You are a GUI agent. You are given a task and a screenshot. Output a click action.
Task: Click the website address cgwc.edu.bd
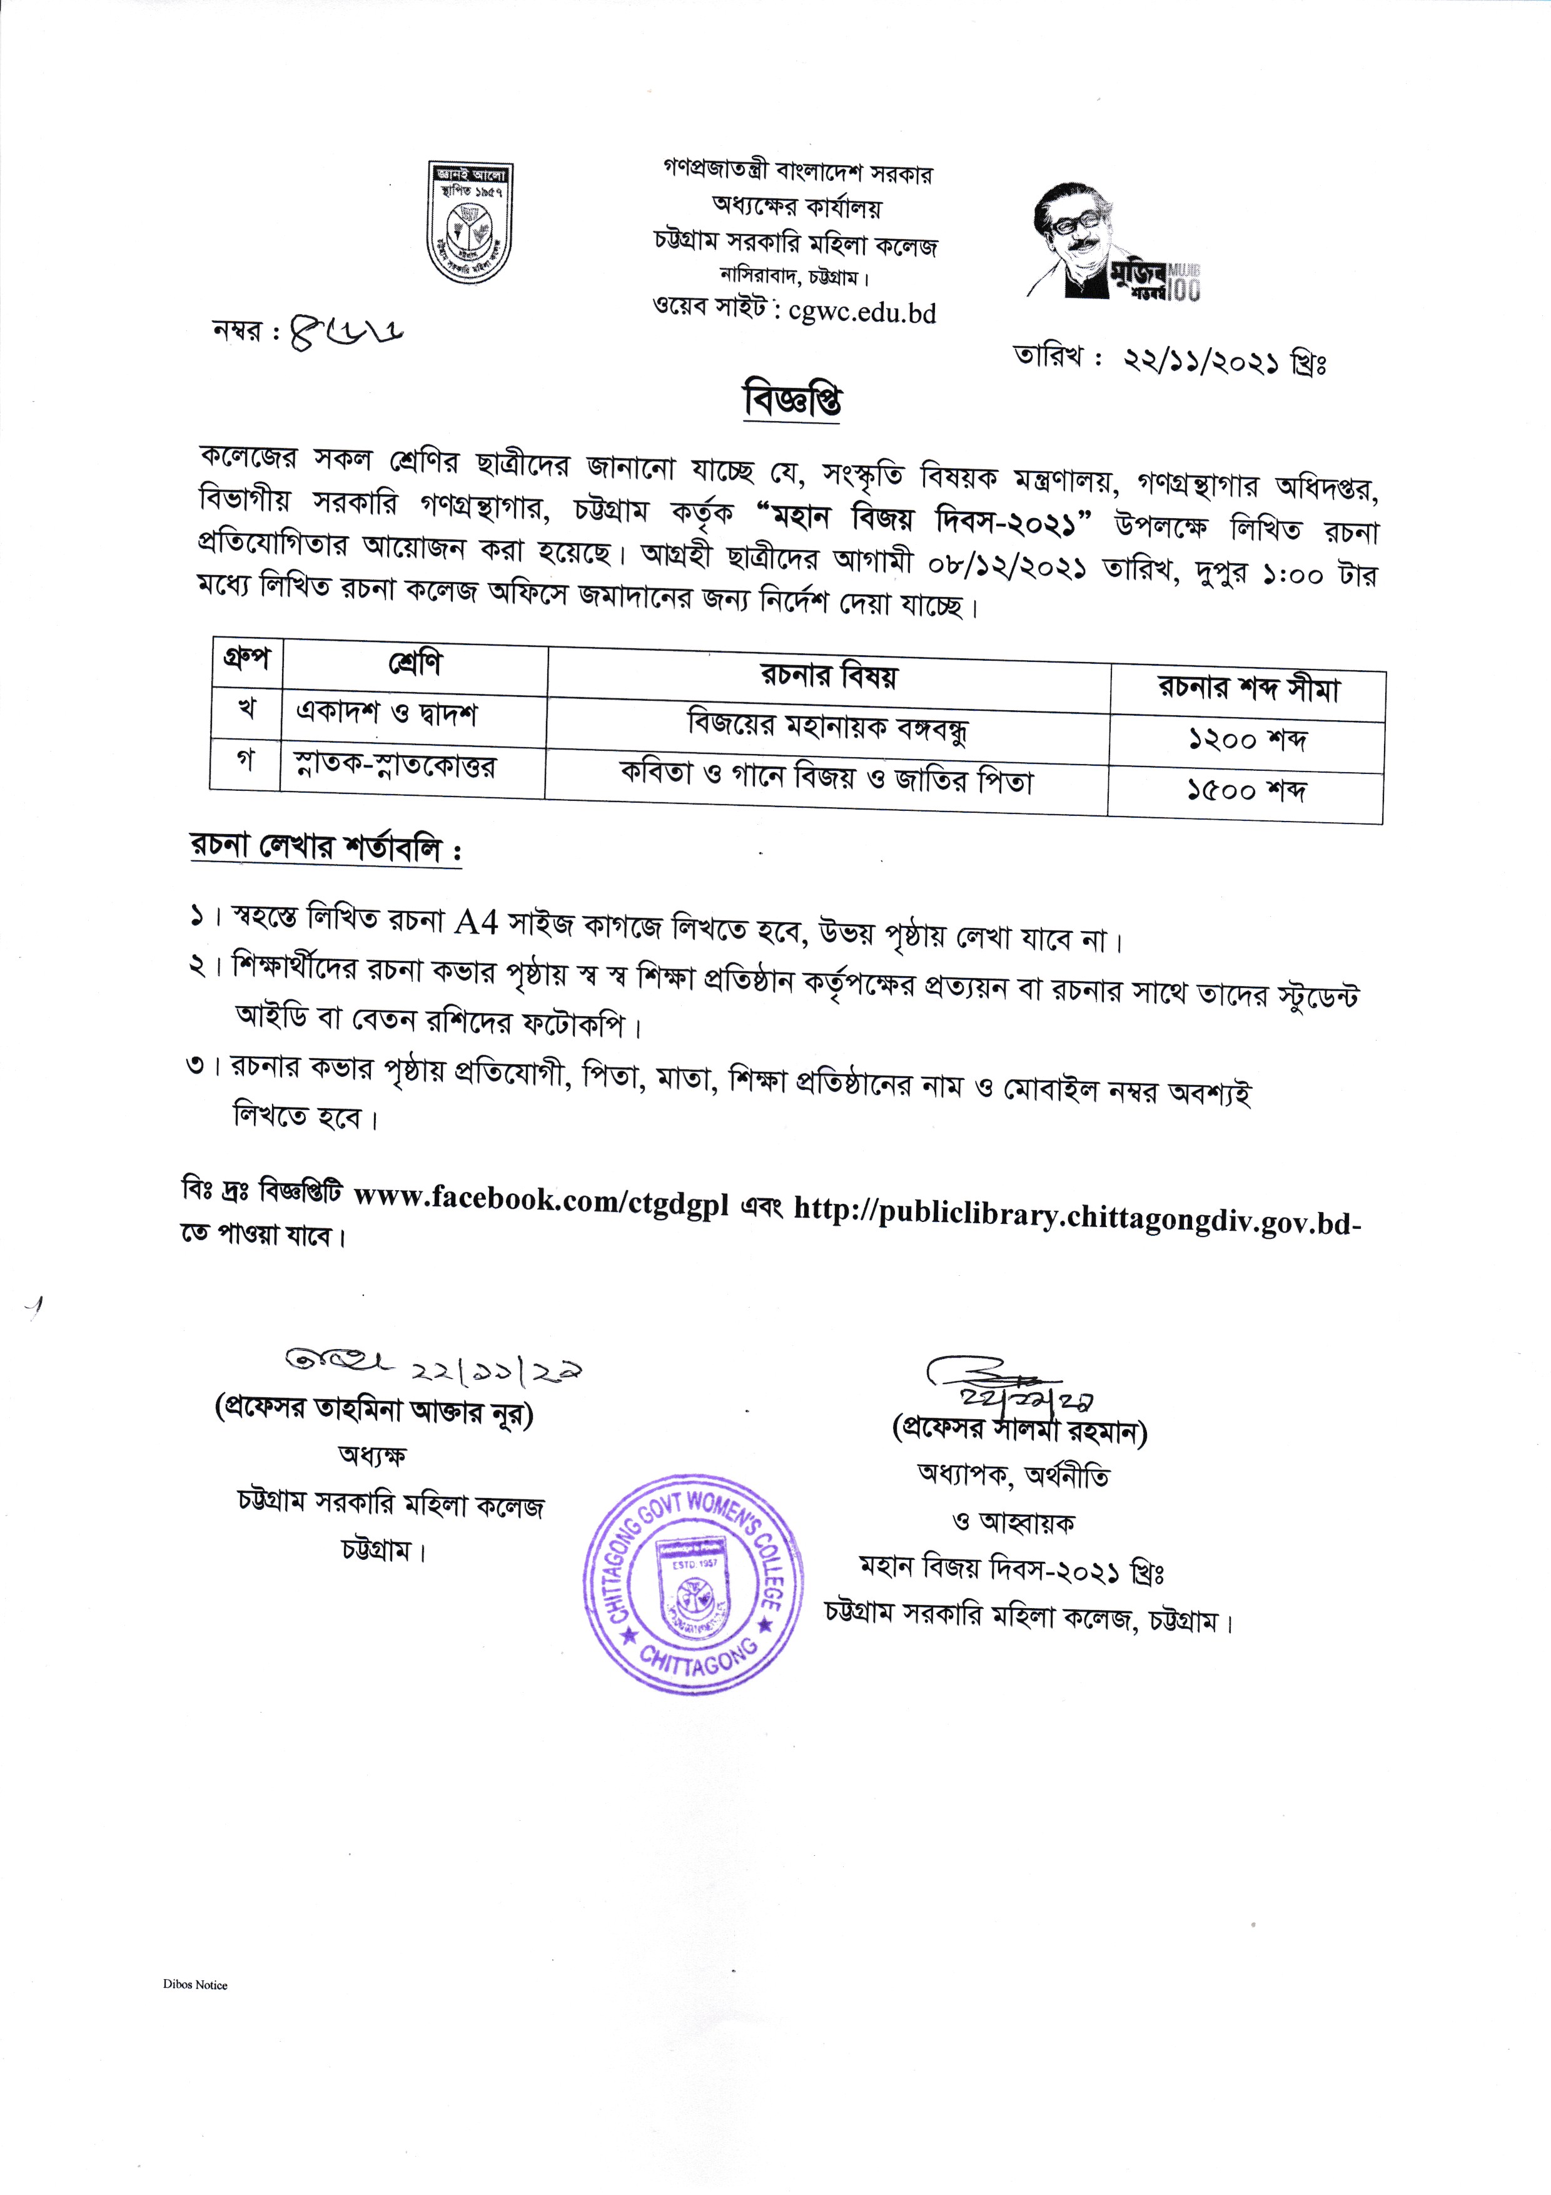click(x=862, y=313)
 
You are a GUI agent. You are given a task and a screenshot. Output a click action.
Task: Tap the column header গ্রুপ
click(x=246, y=660)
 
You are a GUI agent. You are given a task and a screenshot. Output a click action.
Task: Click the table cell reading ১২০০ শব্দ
click(x=1246, y=740)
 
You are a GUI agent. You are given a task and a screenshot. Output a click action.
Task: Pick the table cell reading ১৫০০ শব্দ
click(x=1245, y=791)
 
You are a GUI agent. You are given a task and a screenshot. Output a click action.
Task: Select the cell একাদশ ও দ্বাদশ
click(x=387, y=713)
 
